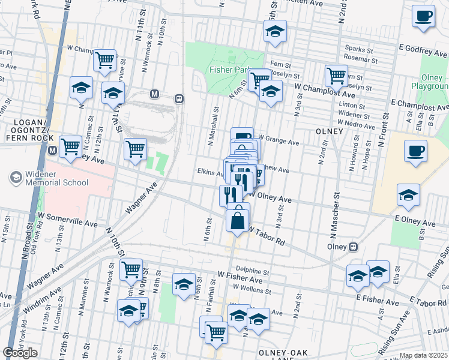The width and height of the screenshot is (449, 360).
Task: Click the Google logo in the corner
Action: (x=20, y=353)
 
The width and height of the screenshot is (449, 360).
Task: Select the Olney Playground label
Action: (x=430, y=82)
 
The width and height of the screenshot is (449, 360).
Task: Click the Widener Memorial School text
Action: (x=49, y=178)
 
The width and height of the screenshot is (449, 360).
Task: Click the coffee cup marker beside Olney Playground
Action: (x=415, y=151)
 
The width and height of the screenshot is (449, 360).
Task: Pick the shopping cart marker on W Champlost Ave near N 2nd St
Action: (x=336, y=76)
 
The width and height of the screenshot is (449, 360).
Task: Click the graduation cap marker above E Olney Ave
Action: (x=408, y=196)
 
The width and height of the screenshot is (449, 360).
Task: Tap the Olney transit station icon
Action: (x=354, y=247)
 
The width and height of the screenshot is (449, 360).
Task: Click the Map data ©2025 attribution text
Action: (x=424, y=356)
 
